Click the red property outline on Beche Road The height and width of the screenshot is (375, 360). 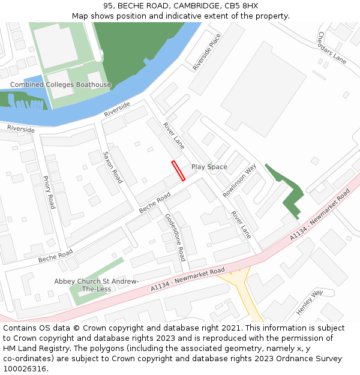[178, 170]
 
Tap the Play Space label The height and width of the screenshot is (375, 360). [209, 167]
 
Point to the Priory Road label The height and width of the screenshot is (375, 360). [49, 192]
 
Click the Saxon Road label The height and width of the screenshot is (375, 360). [112, 167]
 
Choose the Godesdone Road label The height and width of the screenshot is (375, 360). [175, 238]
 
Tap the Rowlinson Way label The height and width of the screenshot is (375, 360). [239, 180]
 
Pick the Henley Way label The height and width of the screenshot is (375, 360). [310, 302]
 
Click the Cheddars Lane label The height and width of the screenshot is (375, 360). [332, 48]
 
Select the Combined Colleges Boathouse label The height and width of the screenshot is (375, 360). [61, 85]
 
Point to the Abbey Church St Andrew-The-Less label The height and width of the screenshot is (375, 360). [96, 285]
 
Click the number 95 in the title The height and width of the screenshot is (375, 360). [108, 6]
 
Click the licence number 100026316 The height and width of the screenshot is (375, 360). [25, 369]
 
